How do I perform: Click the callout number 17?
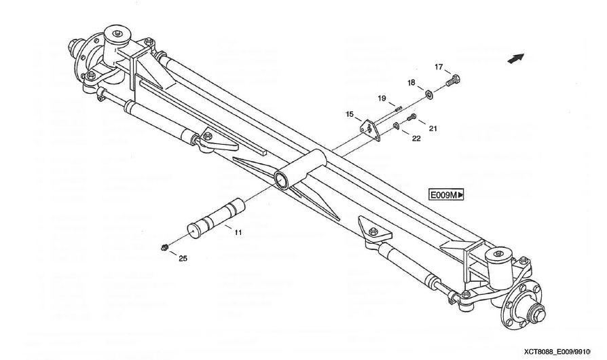439,67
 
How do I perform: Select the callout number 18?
411,83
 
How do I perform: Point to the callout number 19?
382,98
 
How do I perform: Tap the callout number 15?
350,113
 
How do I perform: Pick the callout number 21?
433,128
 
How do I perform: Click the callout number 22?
416,139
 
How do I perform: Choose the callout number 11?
238,232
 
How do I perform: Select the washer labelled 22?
397,126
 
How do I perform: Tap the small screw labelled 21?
411,118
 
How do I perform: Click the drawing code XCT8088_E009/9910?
564,352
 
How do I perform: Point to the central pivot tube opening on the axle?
280,180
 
